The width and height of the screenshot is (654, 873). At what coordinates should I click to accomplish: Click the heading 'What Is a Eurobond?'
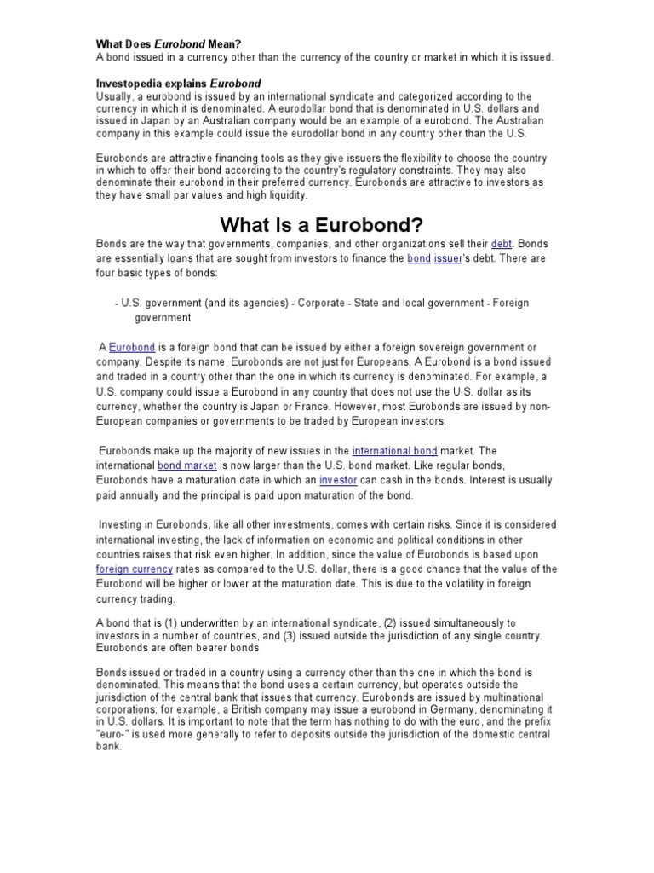point(322,225)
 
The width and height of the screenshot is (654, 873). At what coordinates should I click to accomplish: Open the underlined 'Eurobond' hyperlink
point(132,348)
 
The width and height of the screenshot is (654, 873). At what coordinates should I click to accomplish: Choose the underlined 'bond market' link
point(187,465)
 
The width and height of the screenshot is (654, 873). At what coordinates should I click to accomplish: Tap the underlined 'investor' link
point(339,481)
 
